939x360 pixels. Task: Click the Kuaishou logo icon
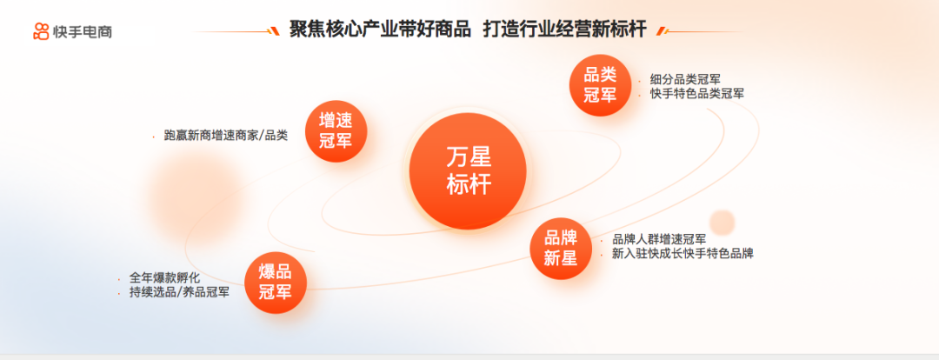click(41, 31)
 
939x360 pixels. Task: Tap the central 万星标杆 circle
click(468, 170)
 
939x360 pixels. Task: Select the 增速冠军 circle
click(336, 131)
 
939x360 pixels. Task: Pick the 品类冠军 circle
click(600, 86)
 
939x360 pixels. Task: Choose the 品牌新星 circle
click(561, 249)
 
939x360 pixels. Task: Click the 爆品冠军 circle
click(276, 283)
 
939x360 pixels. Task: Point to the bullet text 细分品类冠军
click(685, 79)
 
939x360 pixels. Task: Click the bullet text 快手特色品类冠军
click(697, 94)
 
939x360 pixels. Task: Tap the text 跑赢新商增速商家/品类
click(226, 136)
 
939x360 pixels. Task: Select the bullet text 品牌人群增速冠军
click(659, 239)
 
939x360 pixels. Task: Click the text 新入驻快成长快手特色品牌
click(683, 254)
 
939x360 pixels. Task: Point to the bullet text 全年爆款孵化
click(164, 278)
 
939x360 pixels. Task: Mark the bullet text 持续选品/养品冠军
click(179, 293)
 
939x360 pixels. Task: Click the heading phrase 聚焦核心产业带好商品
click(380, 30)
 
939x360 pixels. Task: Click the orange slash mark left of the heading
click(275, 31)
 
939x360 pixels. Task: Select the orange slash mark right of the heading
click(661, 31)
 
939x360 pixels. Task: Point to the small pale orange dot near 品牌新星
click(723, 223)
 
